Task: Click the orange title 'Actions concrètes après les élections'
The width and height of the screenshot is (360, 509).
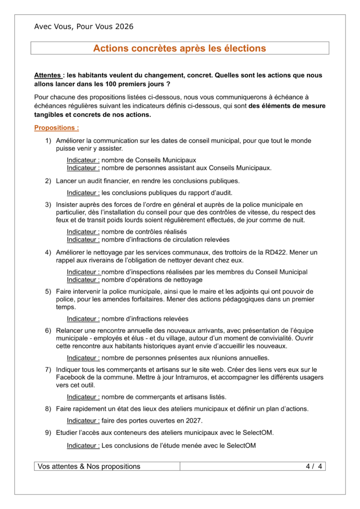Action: pos(180,48)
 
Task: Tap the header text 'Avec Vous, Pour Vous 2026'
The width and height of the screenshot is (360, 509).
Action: pos(84,27)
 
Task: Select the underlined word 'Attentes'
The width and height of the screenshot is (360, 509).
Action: pos(48,76)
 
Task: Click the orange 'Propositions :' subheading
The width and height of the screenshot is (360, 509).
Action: pos(56,128)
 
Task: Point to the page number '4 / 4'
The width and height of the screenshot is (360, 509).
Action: pos(314,466)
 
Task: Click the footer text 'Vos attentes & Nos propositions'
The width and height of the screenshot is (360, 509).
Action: pos(89,466)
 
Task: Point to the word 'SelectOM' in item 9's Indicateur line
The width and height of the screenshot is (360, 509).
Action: pos(241,445)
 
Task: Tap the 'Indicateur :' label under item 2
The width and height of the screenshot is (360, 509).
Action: pos(83,192)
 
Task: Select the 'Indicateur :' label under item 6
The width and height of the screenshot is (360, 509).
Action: pos(83,358)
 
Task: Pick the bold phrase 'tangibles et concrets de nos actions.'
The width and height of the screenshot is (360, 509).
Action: pos(92,115)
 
